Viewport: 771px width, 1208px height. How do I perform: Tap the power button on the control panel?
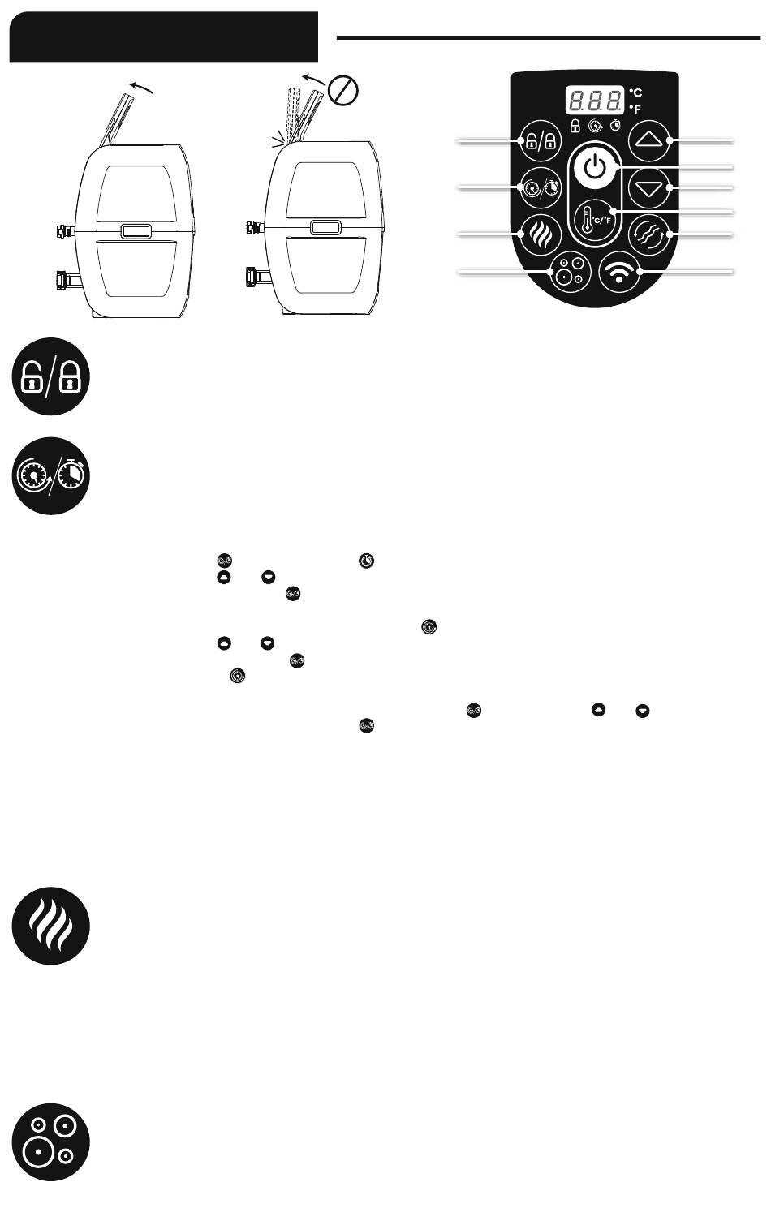[x=594, y=168]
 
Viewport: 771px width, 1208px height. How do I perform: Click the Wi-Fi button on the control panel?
[x=619, y=272]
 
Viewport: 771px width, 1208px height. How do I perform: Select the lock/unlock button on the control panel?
[x=541, y=141]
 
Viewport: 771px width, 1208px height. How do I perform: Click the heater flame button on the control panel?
[x=541, y=234]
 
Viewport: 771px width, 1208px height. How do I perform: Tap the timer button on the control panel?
[x=541, y=187]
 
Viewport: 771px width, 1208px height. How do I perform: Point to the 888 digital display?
[x=594, y=101]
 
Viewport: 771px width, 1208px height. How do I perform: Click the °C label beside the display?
[x=635, y=93]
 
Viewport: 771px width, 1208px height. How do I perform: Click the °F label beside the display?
[x=635, y=109]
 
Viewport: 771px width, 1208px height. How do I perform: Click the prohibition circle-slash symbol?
[x=343, y=91]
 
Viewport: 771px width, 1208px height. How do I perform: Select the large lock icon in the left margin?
[x=50, y=376]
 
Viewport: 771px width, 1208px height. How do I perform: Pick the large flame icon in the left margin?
[x=50, y=926]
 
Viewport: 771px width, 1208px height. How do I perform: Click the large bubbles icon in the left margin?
[x=50, y=1141]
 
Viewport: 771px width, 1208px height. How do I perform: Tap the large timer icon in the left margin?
[x=50, y=476]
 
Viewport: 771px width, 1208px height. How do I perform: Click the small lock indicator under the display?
[x=575, y=127]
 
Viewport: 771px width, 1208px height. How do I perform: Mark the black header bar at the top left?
[x=163, y=37]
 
